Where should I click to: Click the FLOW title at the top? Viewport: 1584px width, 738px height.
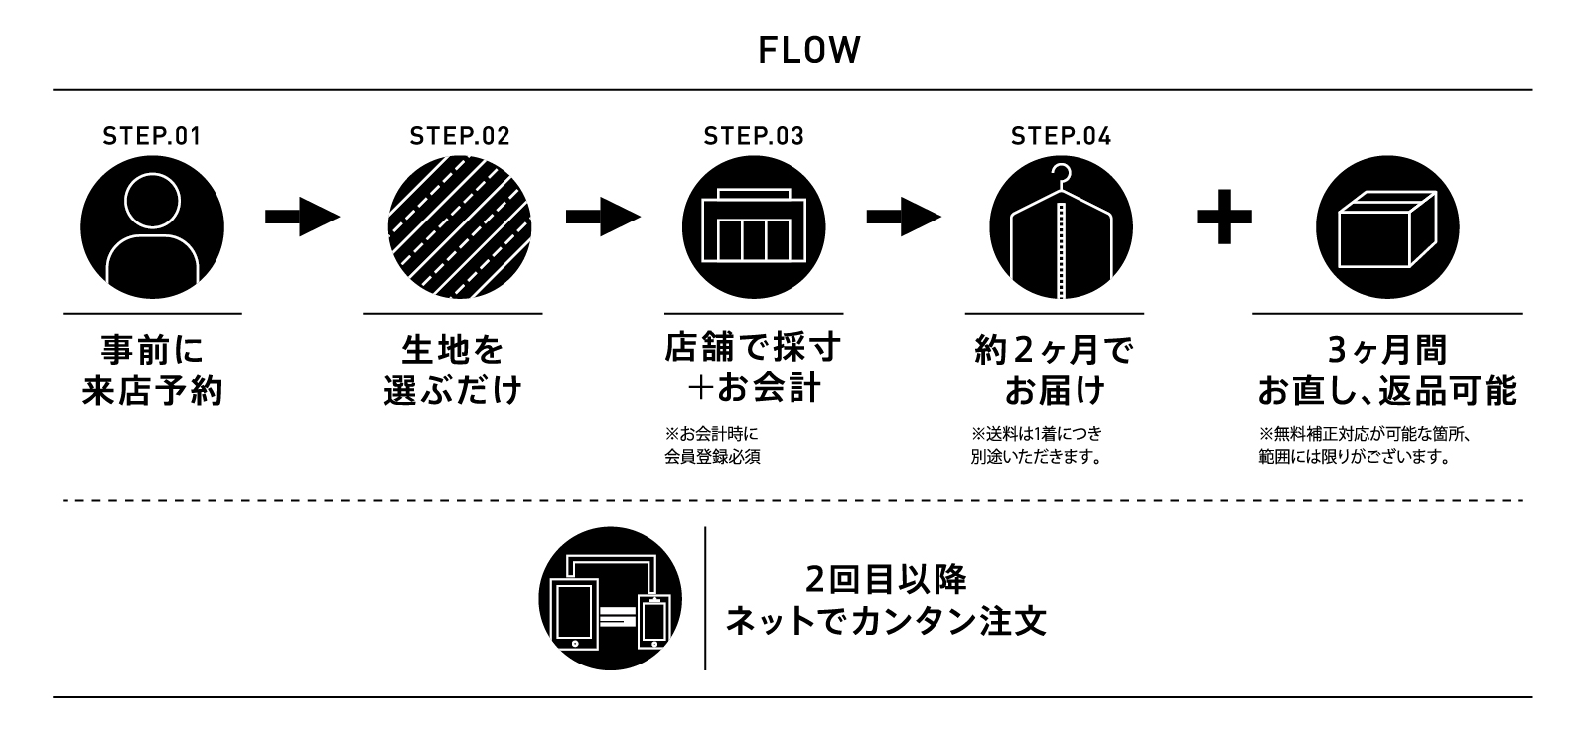click(808, 51)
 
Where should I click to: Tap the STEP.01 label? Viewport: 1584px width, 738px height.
click(152, 137)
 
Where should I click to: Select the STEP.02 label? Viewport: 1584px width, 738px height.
click(460, 137)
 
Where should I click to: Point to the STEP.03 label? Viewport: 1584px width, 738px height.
click(754, 137)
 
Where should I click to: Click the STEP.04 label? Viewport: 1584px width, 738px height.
click(1061, 137)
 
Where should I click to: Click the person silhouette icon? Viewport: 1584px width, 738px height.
click(152, 227)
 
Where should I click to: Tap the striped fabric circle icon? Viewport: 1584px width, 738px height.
click(459, 227)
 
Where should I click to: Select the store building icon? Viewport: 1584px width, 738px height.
click(755, 227)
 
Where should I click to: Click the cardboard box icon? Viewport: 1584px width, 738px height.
click(1387, 227)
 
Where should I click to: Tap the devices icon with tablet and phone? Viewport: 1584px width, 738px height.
click(610, 599)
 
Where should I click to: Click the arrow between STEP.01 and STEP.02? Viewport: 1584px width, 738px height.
click(302, 219)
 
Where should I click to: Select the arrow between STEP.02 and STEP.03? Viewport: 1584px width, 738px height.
click(603, 219)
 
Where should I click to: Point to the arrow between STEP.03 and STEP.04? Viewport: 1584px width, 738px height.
click(904, 219)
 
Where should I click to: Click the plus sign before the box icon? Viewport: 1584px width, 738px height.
click(1224, 218)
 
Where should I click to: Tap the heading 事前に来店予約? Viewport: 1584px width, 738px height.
click(152, 370)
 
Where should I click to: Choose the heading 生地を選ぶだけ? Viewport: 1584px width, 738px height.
click(453, 370)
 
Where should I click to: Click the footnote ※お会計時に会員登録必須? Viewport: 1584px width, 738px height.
click(712, 446)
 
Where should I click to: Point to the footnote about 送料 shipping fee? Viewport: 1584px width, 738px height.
click(1037, 446)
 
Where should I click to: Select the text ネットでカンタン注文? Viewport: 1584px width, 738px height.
click(886, 622)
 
